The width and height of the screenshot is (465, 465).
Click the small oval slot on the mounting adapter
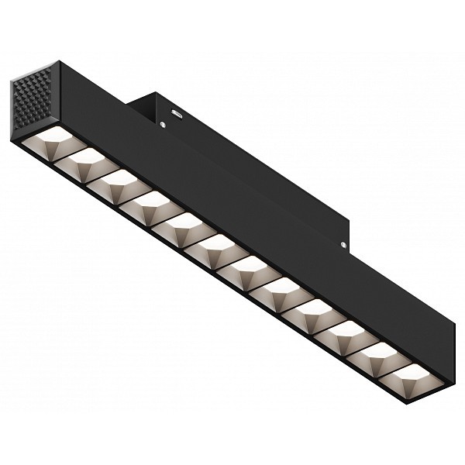point(177,113)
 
